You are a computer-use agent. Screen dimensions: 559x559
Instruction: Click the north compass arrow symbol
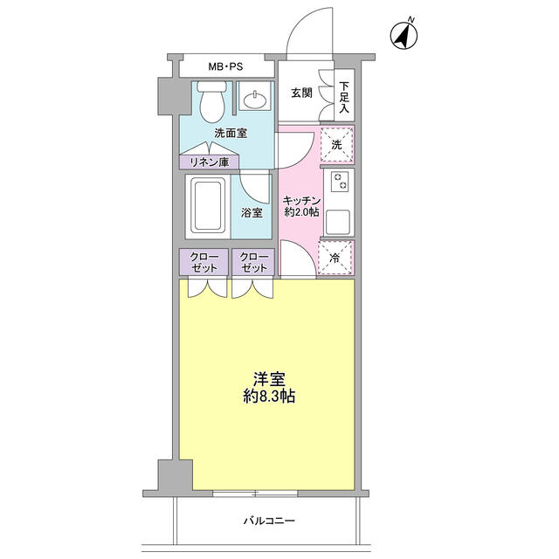pyautogui.click(x=404, y=36)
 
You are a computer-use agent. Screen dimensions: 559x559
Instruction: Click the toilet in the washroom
pyautogui.click(x=210, y=104)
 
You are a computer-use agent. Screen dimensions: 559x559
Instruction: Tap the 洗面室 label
pyautogui.click(x=231, y=134)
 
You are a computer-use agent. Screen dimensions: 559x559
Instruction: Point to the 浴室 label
pyautogui.click(x=252, y=211)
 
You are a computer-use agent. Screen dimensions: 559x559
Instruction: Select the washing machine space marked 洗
pyautogui.click(x=336, y=145)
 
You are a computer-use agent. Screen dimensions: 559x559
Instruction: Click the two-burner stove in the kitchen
pyautogui.click(x=337, y=183)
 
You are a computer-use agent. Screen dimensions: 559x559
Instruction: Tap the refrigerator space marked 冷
pyautogui.click(x=336, y=258)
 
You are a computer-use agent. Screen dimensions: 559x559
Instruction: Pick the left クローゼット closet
pyautogui.click(x=203, y=262)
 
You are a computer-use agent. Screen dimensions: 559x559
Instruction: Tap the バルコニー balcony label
pyautogui.click(x=269, y=521)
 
